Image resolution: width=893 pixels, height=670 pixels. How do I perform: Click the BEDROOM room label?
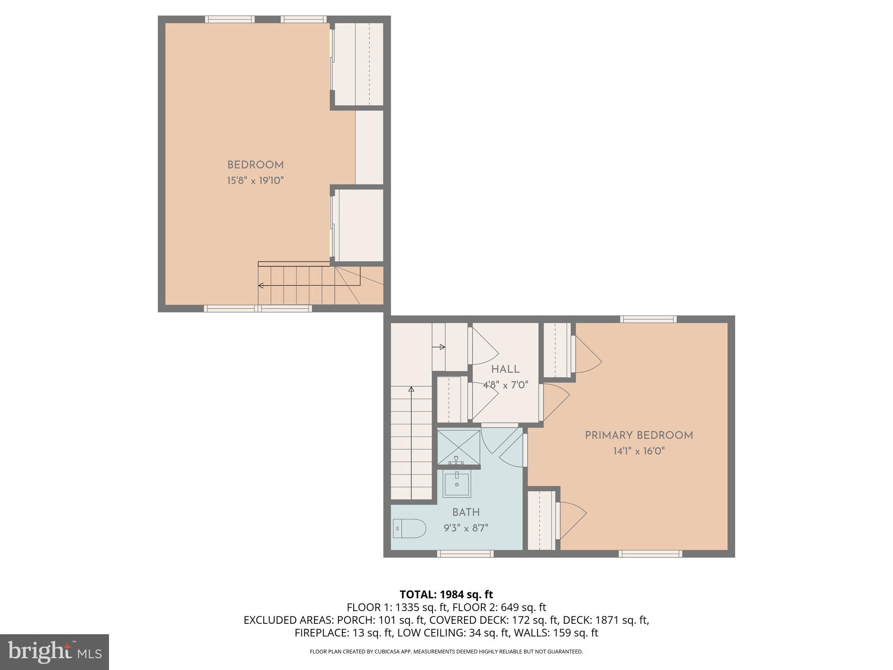click(x=255, y=165)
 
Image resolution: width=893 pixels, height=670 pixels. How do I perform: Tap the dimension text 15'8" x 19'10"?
click(x=255, y=181)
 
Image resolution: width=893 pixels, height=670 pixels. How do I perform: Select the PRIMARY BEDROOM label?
click(x=639, y=435)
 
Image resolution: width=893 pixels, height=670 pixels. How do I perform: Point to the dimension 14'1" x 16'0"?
click(x=639, y=451)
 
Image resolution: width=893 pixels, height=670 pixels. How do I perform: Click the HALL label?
click(x=505, y=369)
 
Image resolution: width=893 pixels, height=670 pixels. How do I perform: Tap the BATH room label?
click(x=466, y=512)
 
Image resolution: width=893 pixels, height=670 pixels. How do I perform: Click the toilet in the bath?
click(x=409, y=529)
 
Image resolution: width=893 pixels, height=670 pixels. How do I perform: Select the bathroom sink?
click(x=457, y=483)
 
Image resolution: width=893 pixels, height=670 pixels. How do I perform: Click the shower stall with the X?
click(x=458, y=447)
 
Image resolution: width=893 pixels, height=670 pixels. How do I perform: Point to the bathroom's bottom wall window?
click(x=465, y=554)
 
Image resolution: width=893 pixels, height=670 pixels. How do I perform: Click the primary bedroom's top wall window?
click(x=648, y=319)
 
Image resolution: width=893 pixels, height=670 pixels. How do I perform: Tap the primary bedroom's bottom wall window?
click(x=650, y=554)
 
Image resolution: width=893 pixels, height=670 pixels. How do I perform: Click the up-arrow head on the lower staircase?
click(x=411, y=389)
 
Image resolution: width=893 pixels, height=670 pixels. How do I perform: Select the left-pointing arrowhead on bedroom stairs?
click(x=261, y=286)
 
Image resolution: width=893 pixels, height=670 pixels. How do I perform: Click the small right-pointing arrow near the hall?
click(x=442, y=347)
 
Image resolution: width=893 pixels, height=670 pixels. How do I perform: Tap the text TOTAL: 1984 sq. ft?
click(x=446, y=594)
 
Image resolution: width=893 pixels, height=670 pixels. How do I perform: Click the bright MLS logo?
click(x=55, y=652)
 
